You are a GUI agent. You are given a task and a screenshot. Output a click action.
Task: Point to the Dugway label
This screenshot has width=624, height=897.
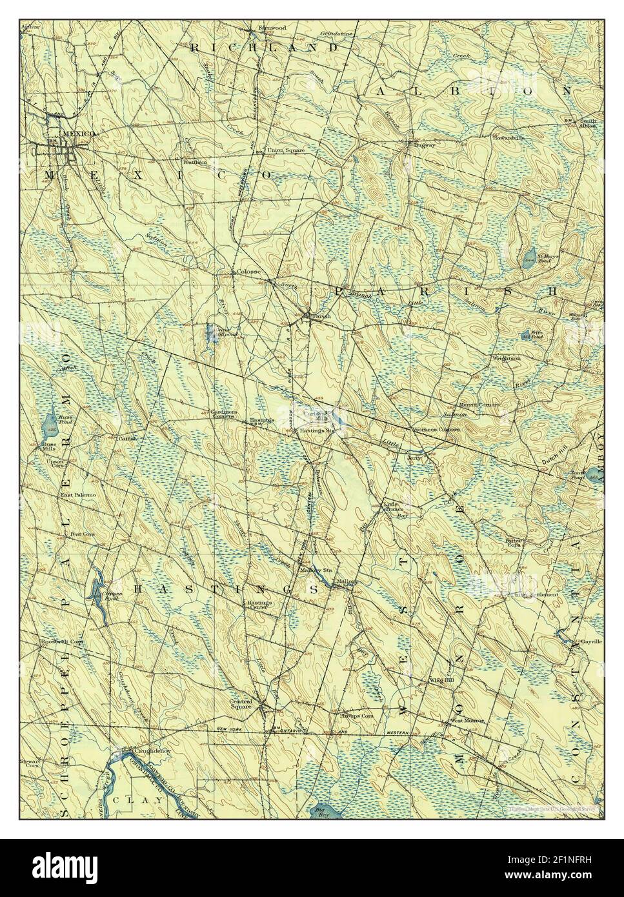click(x=410, y=146)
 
